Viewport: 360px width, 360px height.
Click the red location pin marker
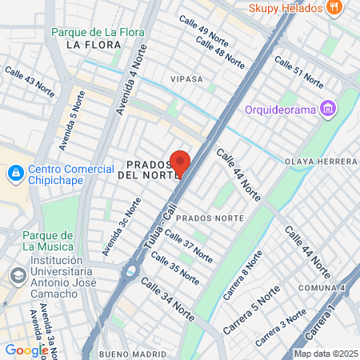(x=179, y=163)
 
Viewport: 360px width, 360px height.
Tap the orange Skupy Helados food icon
(x=335, y=7)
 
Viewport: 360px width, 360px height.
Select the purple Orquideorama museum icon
(x=326, y=108)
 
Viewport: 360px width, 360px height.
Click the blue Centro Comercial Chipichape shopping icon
(x=14, y=173)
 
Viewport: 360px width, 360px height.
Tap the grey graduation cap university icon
(x=16, y=274)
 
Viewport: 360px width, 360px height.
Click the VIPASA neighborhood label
(x=187, y=80)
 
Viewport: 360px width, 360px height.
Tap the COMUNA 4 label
(x=321, y=288)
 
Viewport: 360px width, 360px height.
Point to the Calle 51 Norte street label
(x=298, y=72)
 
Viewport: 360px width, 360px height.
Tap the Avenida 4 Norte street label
(x=131, y=81)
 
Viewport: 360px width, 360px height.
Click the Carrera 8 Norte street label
(x=242, y=274)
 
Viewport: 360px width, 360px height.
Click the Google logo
(x=26, y=350)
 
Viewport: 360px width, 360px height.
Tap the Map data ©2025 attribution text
(x=325, y=354)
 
